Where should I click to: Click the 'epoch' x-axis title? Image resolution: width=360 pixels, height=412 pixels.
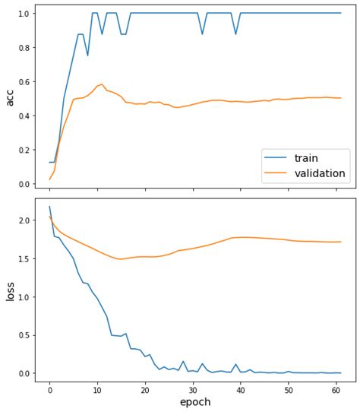[194, 401]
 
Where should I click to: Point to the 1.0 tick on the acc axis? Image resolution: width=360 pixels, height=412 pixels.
[26, 14]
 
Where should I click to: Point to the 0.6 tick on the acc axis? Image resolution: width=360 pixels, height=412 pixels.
[26, 82]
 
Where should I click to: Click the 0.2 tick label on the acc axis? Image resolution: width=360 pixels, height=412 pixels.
[26, 151]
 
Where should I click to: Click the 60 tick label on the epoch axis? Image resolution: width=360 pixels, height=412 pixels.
[336, 388]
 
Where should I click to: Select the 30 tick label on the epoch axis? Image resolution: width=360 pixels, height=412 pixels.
[193, 388]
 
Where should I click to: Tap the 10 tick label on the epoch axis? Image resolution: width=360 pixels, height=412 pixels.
[97, 388]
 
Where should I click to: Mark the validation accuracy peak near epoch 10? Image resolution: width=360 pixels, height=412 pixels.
[102, 84]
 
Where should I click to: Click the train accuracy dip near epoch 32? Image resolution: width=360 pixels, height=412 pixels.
[202, 34]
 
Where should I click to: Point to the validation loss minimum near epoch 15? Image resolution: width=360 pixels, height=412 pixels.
[121, 259]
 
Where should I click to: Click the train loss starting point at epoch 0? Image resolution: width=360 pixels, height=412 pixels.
[49, 206]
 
